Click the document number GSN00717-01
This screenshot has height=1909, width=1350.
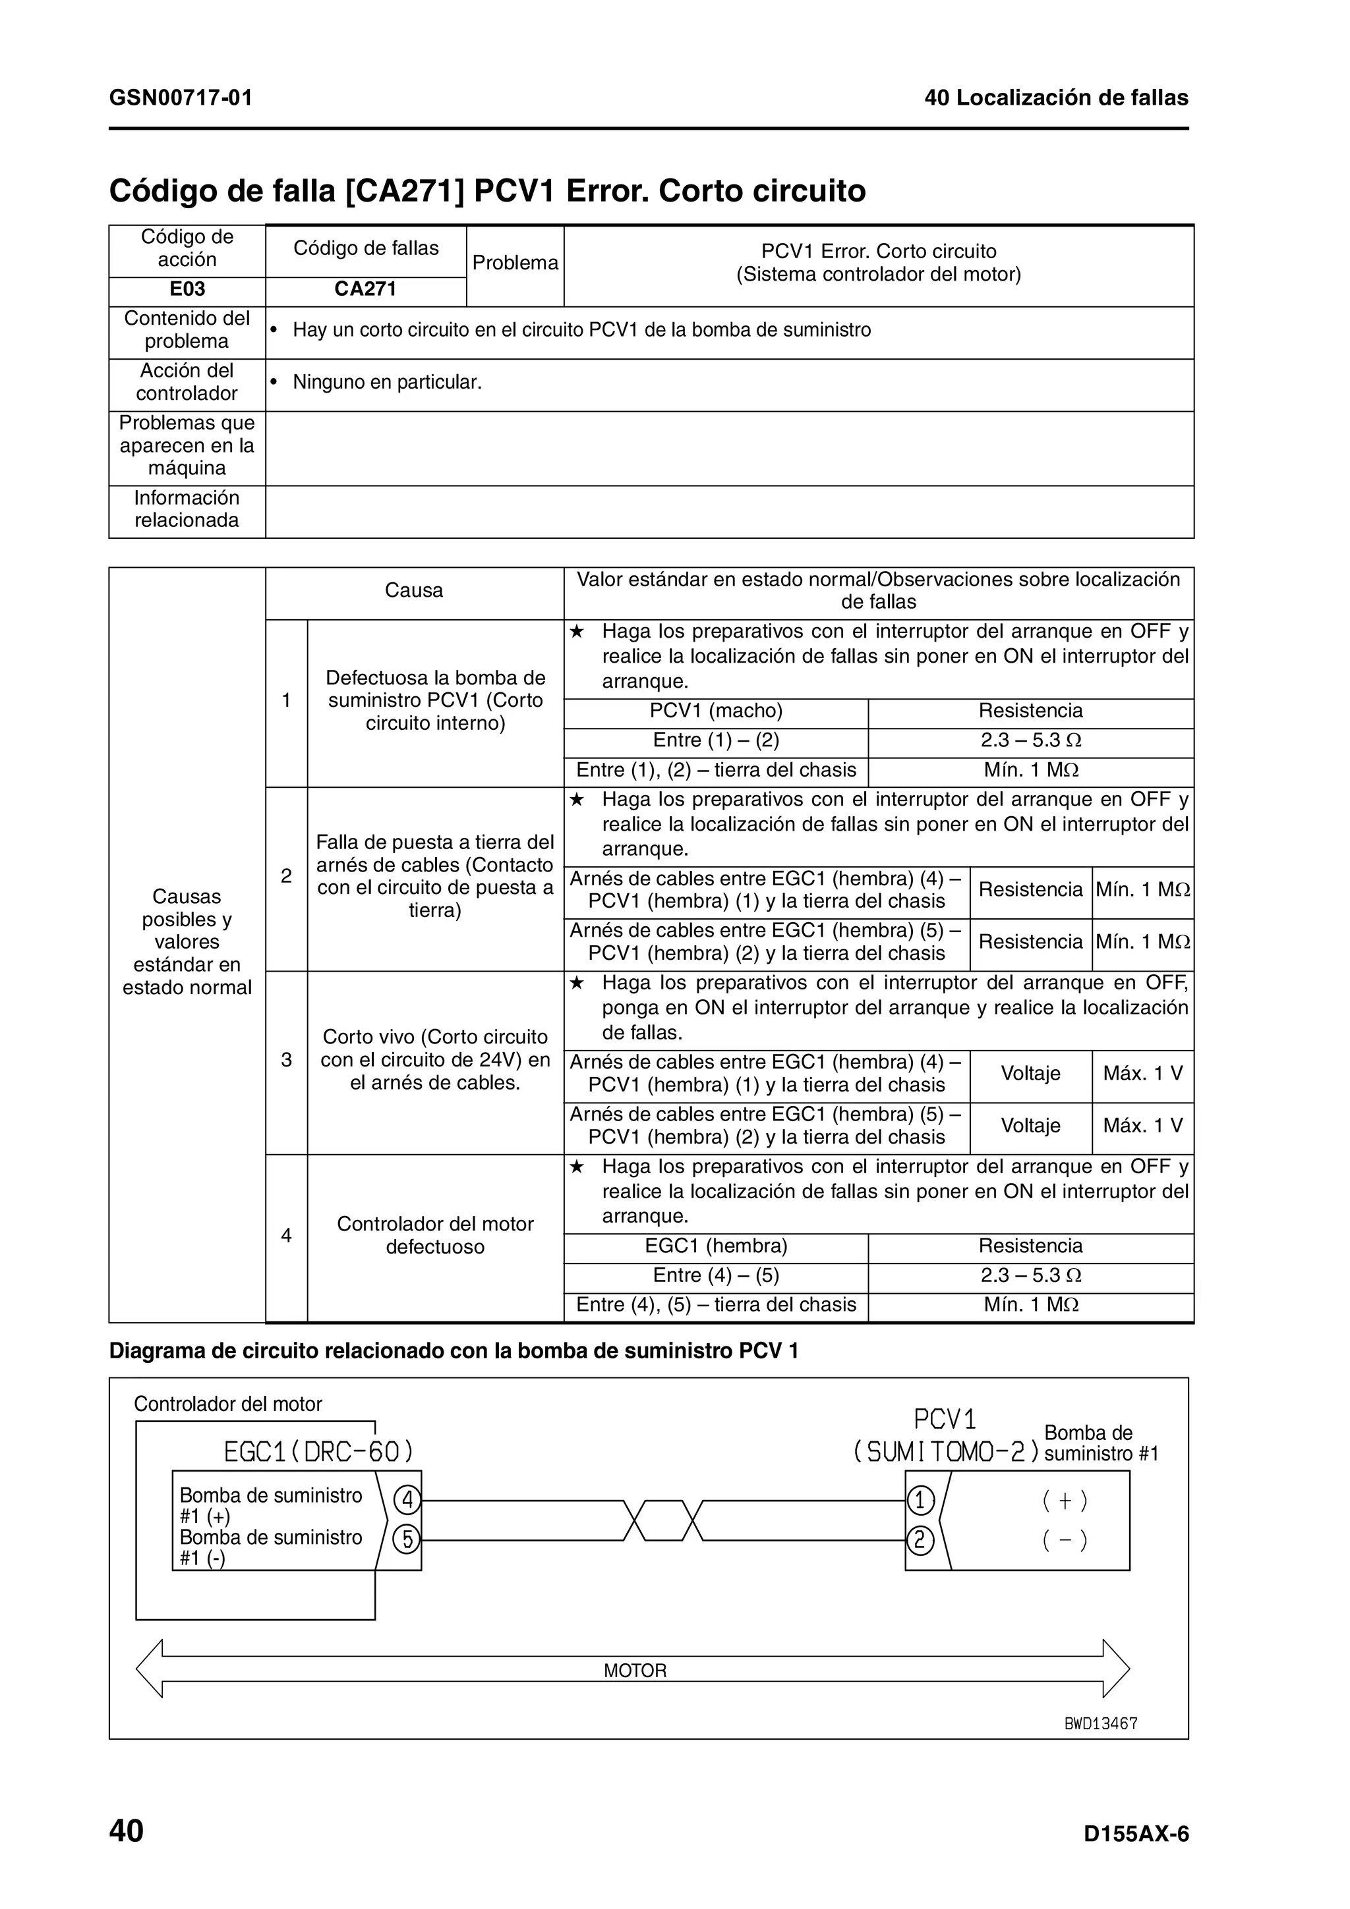coord(181,98)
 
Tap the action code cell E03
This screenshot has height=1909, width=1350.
coord(187,289)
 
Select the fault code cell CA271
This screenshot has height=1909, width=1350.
coord(365,289)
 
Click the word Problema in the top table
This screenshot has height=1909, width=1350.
coord(515,263)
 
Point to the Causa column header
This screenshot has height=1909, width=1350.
coord(413,590)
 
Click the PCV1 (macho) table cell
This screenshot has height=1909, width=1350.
coord(715,711)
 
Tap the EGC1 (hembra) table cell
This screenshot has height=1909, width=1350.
coord(715,1246)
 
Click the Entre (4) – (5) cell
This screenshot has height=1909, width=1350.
coord(715,1275)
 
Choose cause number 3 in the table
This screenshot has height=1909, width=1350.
coord(286,1060)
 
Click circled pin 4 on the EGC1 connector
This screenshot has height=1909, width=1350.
coord(407,1501)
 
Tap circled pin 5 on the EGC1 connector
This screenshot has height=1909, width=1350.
coord(407,1541)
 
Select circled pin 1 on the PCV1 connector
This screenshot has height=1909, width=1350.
coord(920,1501)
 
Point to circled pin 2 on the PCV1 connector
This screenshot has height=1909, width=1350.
coord(920,1541)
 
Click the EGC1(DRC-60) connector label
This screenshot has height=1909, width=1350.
coord(318,1452)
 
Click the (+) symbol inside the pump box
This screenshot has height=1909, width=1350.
coord(1065,1501)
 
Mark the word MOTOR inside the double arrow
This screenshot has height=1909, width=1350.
coord(635,1671)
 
